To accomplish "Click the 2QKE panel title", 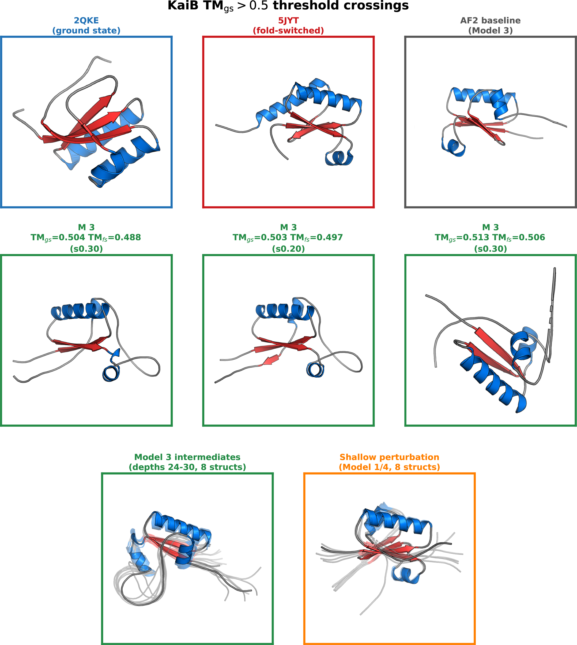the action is tap(86, 21).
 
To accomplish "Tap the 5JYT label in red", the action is tap(288, 21).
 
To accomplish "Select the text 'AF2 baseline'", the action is tap(491, 21).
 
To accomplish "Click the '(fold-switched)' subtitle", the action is tap(288, 31).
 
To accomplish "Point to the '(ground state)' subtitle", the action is tap(86, 31).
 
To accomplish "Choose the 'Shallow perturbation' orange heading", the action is tap(389, 457).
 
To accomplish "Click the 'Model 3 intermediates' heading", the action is tap(187, 457).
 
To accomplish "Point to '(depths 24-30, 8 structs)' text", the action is tap(187, 467).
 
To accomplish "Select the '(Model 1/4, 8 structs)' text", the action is tap(389, 467).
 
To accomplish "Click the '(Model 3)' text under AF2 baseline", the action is tap(491, 31).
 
